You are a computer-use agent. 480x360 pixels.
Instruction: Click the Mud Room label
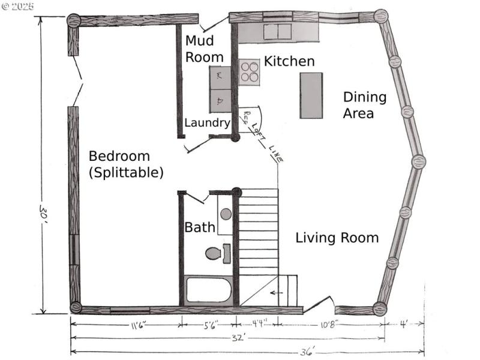(204, 49)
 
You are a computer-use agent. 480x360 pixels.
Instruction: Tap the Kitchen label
(289, 61)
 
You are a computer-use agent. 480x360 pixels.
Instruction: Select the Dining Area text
(364, 105)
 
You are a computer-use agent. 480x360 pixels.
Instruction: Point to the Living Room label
(337, 238)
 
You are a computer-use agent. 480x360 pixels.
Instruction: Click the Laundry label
(207, 123)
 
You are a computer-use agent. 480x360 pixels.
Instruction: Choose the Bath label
(199, 227)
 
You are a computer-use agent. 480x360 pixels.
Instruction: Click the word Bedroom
(119, 156)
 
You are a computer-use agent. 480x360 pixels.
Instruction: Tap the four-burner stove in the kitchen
(250, 72)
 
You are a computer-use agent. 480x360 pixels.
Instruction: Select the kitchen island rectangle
(311, 95)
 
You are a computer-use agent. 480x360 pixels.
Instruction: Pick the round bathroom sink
(226, 213)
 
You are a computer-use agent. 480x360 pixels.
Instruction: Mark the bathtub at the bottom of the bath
(208, 290)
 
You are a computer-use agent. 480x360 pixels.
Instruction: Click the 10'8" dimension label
(329, 325)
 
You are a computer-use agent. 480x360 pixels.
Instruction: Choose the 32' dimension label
(229, 338)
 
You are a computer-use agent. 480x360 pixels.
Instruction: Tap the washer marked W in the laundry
(219, 76)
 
